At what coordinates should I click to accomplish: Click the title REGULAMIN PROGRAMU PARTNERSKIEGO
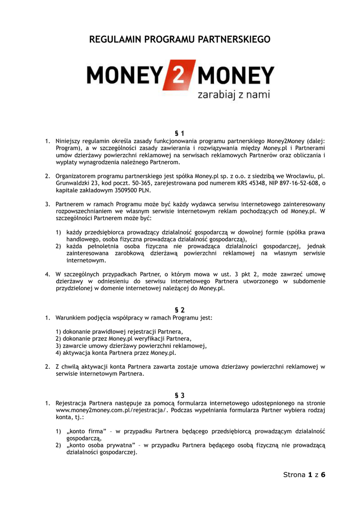pyautogui.click(x=180, y=39)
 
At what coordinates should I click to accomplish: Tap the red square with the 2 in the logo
pyautogui.click(x=182, y=75)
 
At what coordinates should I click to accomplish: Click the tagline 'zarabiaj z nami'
pyautogui.click(x=233, y=94)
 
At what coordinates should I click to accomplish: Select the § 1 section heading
pyautogui.click(x=180, y=133)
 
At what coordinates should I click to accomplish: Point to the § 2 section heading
pyautogui.click(x=180, y=310)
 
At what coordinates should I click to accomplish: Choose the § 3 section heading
pyautogui.click(x=180, y=395)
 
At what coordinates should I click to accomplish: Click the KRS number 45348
pyautogui.click(x=251, y=183)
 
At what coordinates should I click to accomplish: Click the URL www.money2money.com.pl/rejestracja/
pyautogui.click(x=112, y=411)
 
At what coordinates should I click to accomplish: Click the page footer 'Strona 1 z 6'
pyautogui.click(x=304, y=475)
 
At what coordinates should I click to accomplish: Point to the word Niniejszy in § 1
pyautogui.click(x=69, y=141)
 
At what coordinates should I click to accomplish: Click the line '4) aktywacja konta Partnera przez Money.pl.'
pyautogui.click(x=116, y=353)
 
